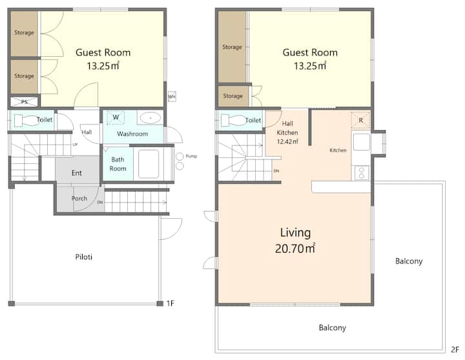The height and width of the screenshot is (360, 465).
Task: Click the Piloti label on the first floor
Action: click(x=83, y=257)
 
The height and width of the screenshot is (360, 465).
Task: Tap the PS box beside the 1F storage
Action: click(x=25, y=102)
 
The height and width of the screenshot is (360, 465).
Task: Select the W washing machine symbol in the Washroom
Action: click(x=116, y=117)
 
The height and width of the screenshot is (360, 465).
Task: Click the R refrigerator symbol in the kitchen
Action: click(x=360, y=120)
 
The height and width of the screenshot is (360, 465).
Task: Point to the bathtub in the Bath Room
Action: click(x=149, y=164)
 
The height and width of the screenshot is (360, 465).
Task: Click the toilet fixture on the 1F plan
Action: click(x=28, y=120)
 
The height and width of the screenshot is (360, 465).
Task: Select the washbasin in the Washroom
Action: click(x=150, y=118)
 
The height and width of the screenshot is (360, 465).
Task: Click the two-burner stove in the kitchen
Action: click(x=362, y=172)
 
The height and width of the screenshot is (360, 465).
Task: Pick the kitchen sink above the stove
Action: click(x=362, y=142)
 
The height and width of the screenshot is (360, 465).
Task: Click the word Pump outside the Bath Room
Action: click(x=191, y=156)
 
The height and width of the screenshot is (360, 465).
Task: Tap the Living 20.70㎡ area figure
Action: click(x=294, y=248)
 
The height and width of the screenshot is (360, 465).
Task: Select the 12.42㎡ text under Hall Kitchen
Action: click(x=287, y=142)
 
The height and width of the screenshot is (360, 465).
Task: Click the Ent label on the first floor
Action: click(x=76, y=173)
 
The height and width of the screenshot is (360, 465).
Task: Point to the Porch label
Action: click(x=79, y=198)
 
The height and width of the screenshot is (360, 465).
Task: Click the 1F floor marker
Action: click(x=170, y=303)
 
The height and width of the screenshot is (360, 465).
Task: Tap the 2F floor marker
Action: click(x=455, y=349)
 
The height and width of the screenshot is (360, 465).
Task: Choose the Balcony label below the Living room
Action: click(x=333, y=328)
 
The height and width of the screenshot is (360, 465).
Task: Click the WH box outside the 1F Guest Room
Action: click(x=172, y=96)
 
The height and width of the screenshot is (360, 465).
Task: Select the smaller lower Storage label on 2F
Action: click(x=232, y=95)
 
